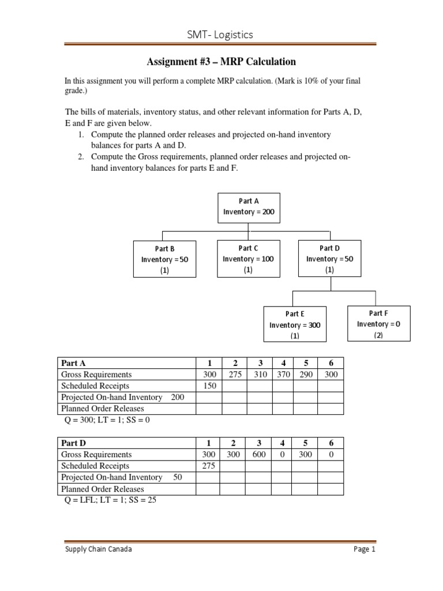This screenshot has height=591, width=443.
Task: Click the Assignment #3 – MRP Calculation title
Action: [x=221, y=62]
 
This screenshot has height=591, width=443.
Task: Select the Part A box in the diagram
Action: [x=249, y=207]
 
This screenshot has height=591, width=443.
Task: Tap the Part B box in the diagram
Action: [x=164, y=259]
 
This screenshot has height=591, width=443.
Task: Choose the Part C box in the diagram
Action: [x=248, y=259]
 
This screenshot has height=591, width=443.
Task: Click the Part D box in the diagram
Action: [x=329, y=259]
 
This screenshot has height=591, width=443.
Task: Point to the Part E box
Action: [x=294, y=324]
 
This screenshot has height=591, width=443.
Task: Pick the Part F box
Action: [x=378, y=324]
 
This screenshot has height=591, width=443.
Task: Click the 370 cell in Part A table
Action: [x=283, y=375]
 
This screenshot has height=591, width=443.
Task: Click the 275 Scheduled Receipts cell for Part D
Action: [x=208, y=466]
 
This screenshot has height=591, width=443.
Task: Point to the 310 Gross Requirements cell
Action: [x=260, y=375]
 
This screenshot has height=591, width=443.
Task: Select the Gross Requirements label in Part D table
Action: [x=96, y=454]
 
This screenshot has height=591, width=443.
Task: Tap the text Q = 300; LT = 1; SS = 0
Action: [x=107, y=420]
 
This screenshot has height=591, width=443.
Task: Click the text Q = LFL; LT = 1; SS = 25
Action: [x=110, y=500]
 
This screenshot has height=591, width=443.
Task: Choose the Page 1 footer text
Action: [x=365, y=549]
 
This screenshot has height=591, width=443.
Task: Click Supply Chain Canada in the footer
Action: [x=97, y=549]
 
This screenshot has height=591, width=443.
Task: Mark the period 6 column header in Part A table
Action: [x=331, y=363]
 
